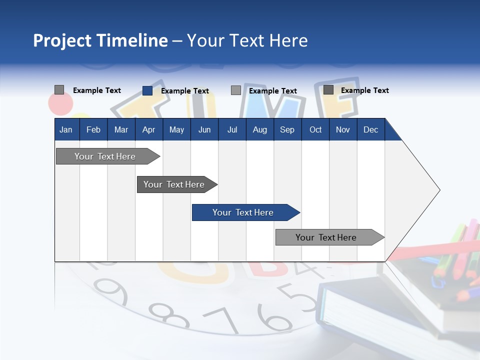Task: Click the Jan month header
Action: pos(66,129)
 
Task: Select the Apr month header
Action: pos(148,129)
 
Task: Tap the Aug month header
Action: pos(259,129)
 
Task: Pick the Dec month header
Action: pos(370,129)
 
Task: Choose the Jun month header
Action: pos(204,129)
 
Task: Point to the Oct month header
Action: pos(315,129)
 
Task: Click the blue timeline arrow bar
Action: pos(245,212)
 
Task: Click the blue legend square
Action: pos(147,90)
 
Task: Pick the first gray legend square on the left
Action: pos(59,90)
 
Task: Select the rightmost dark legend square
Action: pos(328,90)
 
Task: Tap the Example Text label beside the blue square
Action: pos(184,91)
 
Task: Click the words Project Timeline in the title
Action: pos(100,40)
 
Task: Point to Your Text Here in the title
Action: pos(247,40)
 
